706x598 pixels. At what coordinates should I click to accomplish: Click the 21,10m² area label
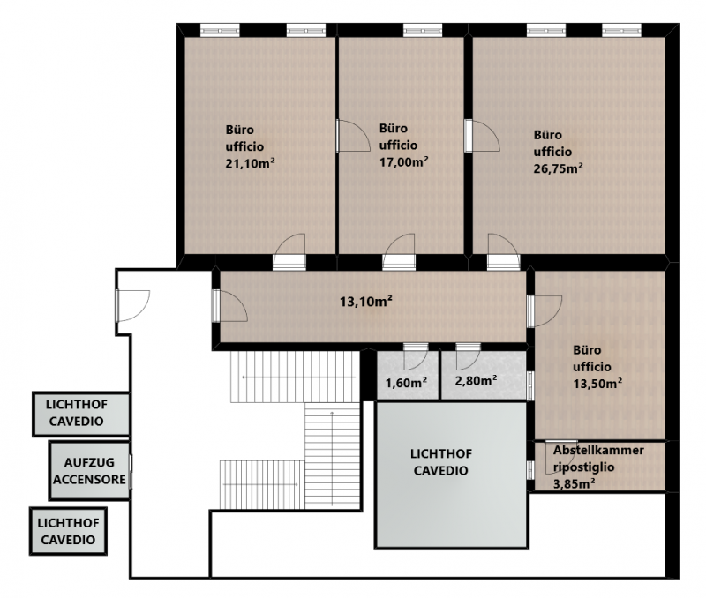pyautogui.click(x=250, y=163)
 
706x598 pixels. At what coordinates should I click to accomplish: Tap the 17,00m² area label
pyautogui.click(x=403, y=161)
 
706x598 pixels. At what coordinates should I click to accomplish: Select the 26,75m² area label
pyautogui.click(x=559, y=168)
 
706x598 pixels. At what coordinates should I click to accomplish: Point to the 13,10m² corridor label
pyautogui.click(x=365, y=301)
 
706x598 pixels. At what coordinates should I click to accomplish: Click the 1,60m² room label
pyautogui.click(x=406, y=383)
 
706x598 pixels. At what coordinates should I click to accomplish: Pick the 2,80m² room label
pyautogui.click(x=476, y=381)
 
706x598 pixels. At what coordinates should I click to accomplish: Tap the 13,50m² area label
pyautogui.click(x=597, y=384)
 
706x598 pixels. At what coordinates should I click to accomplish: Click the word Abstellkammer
pyautogui.click(x=598, y=450)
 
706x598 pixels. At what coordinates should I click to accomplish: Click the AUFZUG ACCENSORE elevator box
pyautogui.click(x=90, y=471)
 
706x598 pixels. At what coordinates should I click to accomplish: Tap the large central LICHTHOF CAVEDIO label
pyautogui.click(x=441, y=462)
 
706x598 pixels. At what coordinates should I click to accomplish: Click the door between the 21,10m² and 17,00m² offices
pyautogui.click(x=353, y=136)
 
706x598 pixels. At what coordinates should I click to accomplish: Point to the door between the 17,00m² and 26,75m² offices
pyautogui.click(x=482, y=136)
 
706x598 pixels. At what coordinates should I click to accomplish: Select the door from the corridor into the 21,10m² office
pyautogui.click(x=289, y=252)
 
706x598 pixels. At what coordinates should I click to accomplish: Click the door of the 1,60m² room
pyautogui.click(x=415, y=356)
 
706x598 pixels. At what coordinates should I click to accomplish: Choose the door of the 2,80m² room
pyautogui.click(x=469, y=356)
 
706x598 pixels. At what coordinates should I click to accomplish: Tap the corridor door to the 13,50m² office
pyautogui.click(x=545, y=311)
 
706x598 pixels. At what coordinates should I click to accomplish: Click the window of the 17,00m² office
pyautogui.click(x=423, y=30)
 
